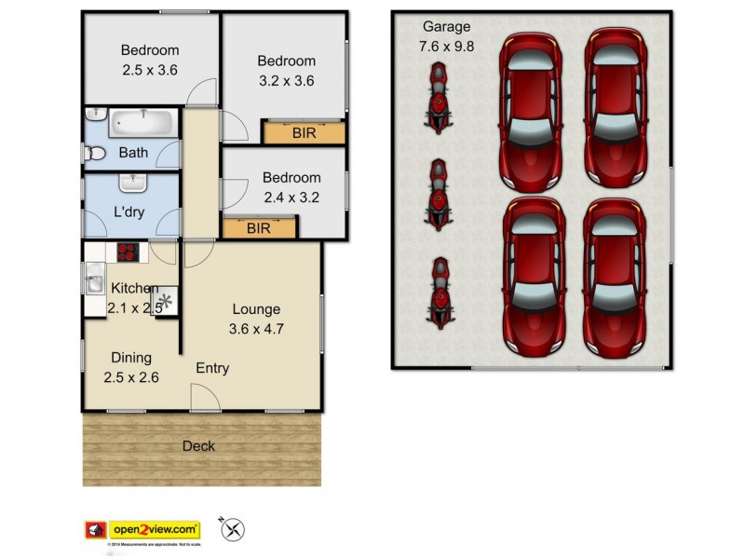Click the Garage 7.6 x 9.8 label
coord(447,35)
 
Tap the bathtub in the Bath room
coord(142,124)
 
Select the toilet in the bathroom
coord(93,153)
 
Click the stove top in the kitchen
coord(127,251)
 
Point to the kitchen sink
coord(95,277)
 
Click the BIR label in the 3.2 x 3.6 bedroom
coord(304,133)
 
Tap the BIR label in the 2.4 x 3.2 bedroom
coord(260,226)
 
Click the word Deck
coord(198,446)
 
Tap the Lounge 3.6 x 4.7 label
coord(255,319)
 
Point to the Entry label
coord(212,368)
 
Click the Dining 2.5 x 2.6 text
coord(131,367)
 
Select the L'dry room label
coord(128,211)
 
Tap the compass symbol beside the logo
coord(234,529)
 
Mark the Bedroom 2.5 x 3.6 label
coord(149,60)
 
